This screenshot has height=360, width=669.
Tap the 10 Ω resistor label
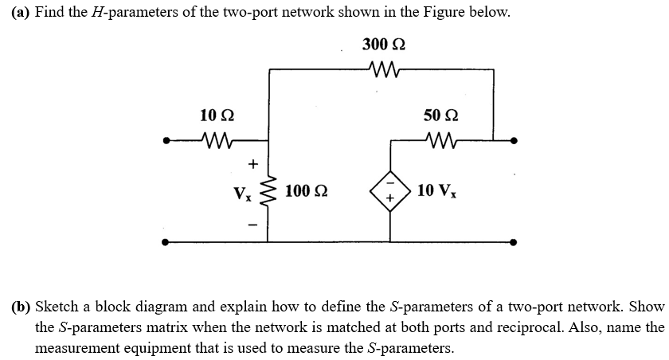217,115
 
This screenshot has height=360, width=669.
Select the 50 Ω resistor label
440,115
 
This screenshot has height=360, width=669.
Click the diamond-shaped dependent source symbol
390,191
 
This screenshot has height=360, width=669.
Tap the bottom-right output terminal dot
514,241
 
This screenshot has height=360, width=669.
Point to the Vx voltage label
240,194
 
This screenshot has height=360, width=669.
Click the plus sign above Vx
252,164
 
